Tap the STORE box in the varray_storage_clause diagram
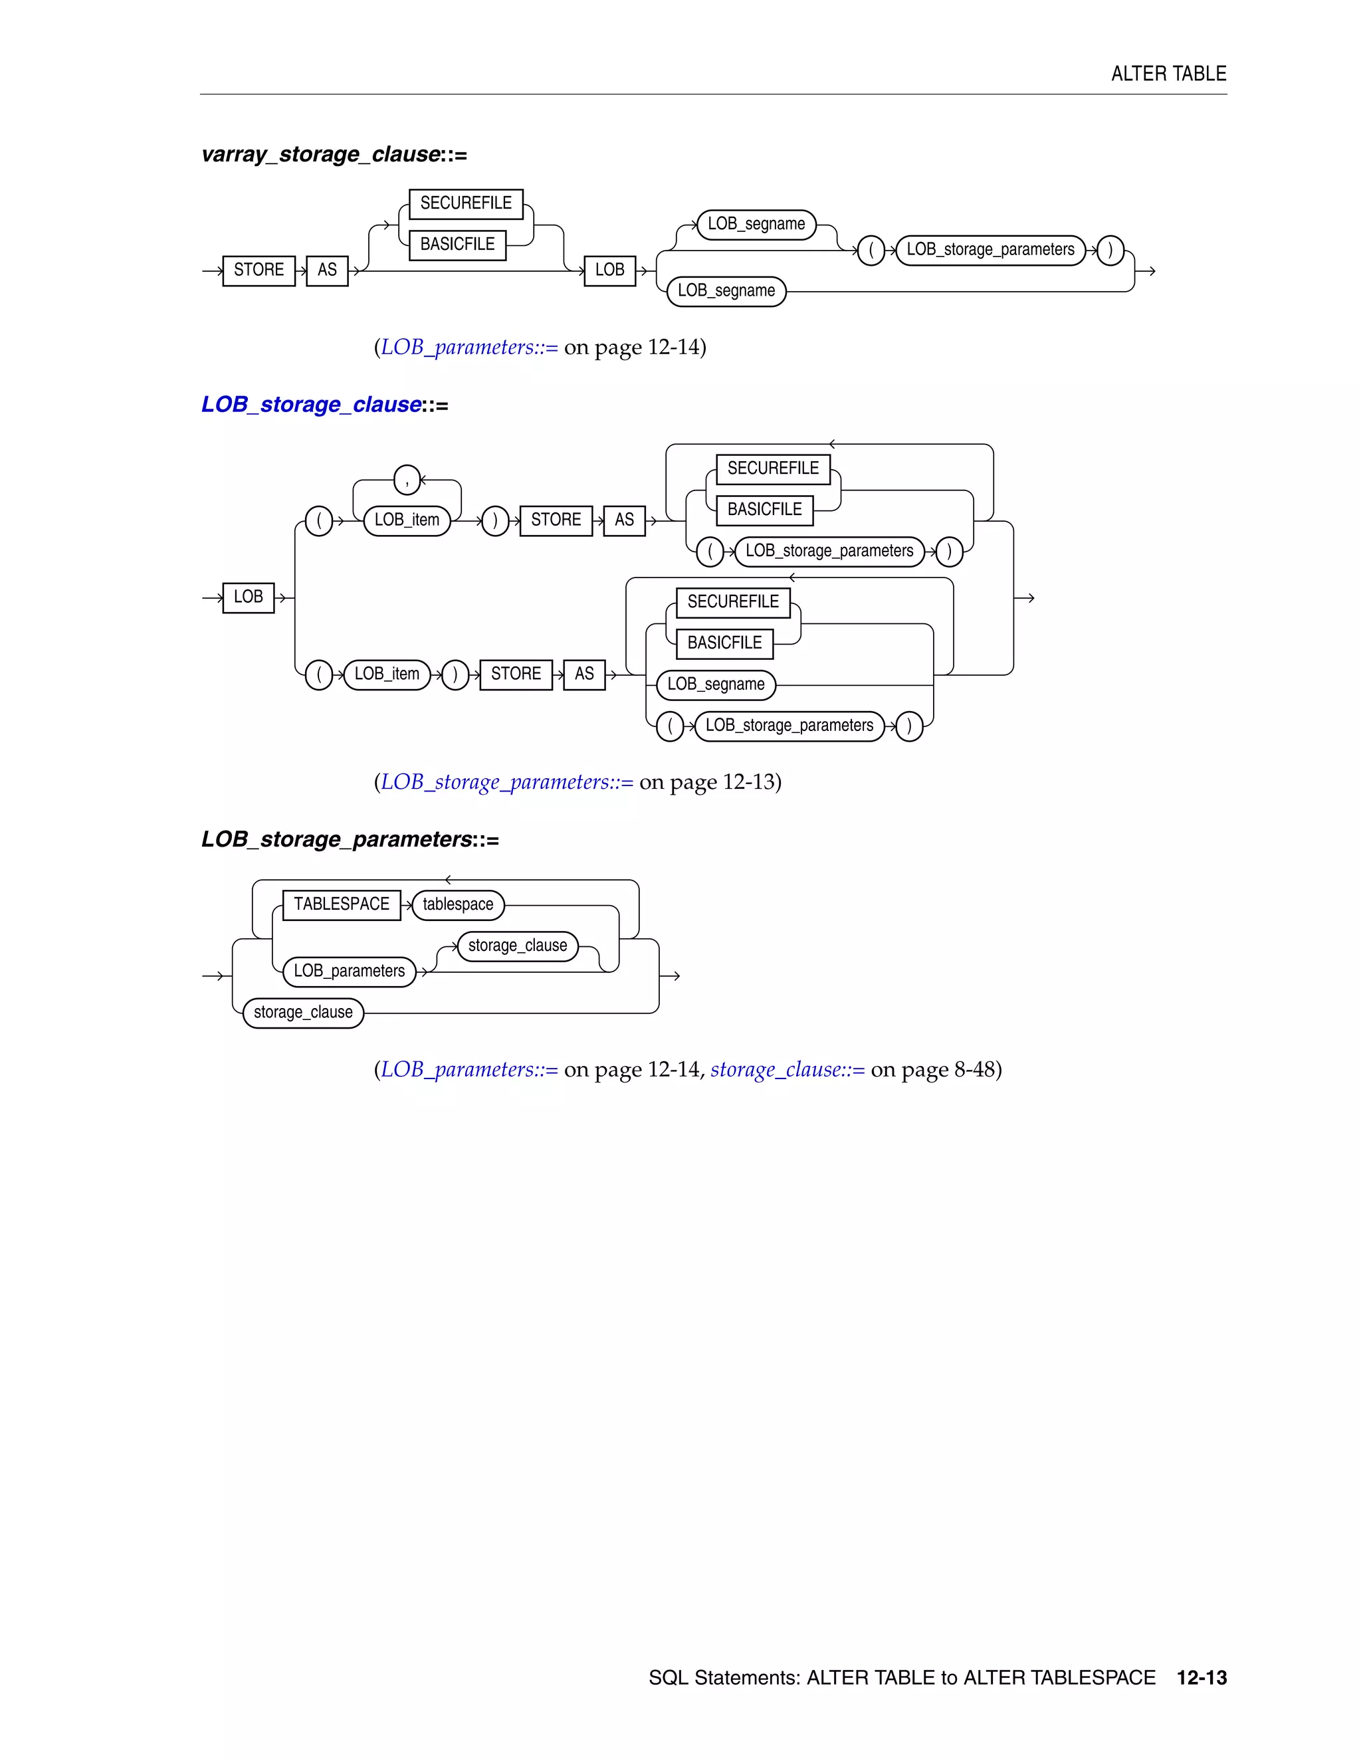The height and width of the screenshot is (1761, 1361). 259,270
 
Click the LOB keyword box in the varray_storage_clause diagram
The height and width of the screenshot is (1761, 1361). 609,270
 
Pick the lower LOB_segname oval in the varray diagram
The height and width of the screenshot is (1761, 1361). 726,291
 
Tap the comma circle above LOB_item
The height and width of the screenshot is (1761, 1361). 407,480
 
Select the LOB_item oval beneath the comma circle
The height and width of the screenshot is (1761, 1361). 407,520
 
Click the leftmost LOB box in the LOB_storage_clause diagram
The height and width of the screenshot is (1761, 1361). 249,597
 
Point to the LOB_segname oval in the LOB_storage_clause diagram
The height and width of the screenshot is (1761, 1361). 716,684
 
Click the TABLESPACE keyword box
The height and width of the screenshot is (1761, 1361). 341,904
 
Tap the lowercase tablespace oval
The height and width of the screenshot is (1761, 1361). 457,904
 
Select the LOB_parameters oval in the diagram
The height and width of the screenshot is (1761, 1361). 349,972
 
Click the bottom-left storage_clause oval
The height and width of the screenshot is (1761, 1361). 303,1013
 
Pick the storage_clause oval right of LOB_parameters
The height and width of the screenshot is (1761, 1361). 517,946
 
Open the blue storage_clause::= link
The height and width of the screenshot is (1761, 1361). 787,1070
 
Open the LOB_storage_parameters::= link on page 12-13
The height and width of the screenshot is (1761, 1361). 506,782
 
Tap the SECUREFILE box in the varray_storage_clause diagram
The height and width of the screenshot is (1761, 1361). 465,204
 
